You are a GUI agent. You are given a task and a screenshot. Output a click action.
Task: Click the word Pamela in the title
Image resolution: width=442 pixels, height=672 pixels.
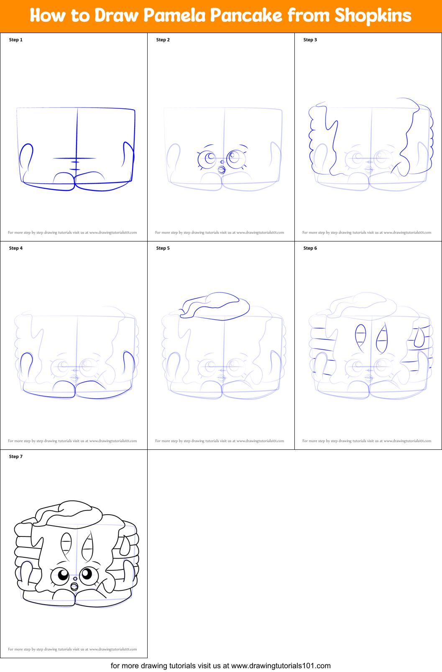(174, 15)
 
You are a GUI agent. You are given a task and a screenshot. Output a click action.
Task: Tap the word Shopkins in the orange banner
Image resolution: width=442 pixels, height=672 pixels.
(373, 15)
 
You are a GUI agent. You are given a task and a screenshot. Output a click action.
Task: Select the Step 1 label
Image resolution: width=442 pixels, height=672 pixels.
(16, 40)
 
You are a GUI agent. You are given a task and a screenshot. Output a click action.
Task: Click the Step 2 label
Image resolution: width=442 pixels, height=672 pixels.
(163, 40)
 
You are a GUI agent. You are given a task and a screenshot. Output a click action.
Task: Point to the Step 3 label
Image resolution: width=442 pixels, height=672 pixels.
(310, 40)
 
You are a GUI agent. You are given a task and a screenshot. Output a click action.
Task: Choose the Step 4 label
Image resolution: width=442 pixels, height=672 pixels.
(16, 248)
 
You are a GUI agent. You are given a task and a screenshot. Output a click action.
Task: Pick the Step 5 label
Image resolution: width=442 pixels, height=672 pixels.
(163, 248)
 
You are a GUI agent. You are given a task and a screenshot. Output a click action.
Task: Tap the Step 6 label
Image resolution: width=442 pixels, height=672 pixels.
(310, 248)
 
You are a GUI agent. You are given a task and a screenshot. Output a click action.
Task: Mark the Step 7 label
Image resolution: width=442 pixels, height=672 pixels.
(16, 457)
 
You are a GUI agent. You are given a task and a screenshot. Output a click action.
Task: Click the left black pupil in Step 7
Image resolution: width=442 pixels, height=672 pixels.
(63, 574)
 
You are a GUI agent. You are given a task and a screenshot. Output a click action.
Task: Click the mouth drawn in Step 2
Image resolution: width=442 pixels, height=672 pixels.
(222, 169)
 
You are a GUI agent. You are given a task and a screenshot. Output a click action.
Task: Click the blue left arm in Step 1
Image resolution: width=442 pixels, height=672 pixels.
(26, 156)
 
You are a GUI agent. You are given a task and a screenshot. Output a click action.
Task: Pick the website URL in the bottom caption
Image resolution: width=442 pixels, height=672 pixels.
(281, 666)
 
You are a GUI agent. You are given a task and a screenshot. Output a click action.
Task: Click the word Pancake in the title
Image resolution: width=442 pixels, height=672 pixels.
(246, 15)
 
